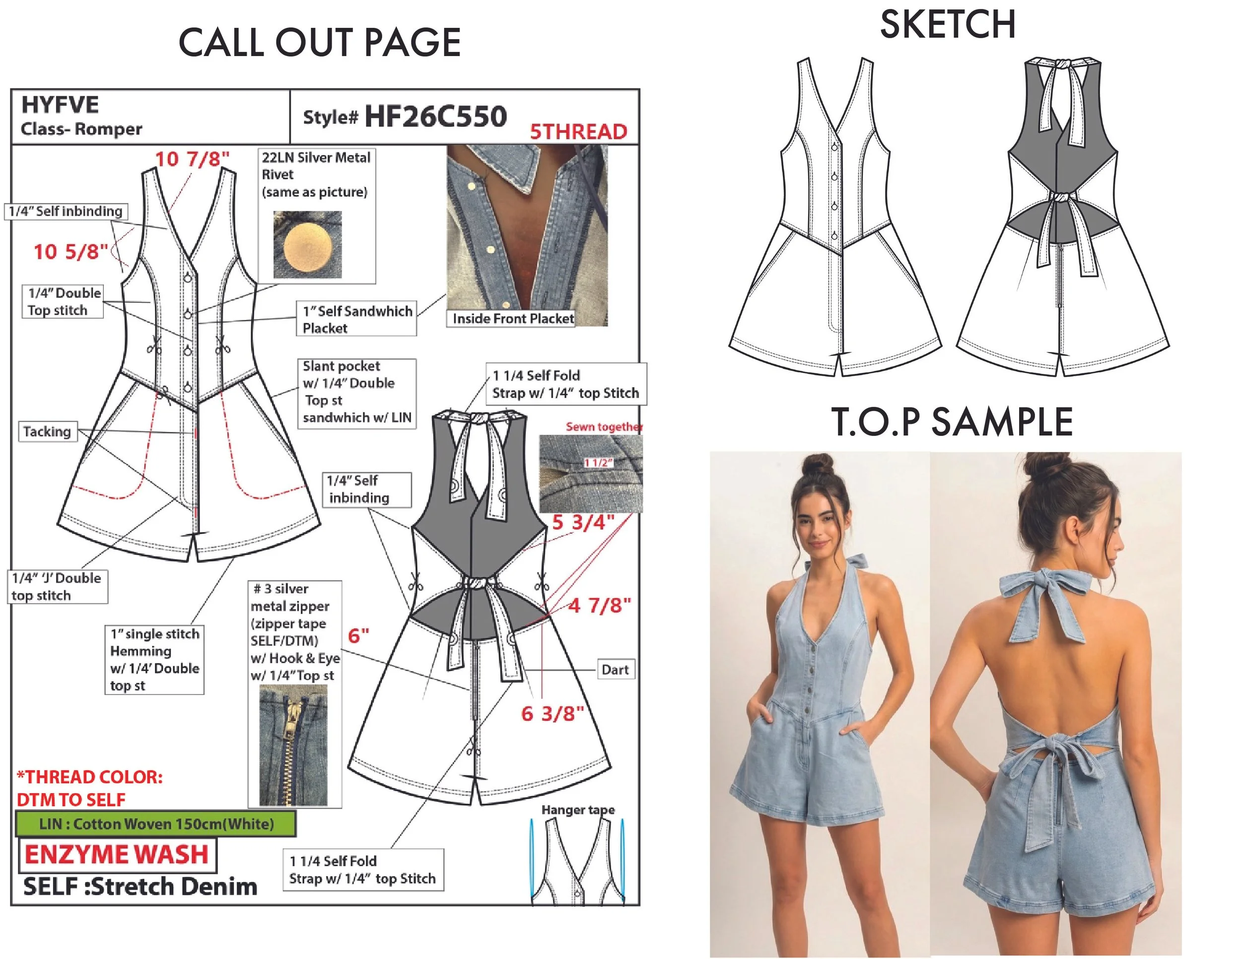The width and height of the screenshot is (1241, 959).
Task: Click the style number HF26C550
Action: pyautogui.click(x=435, y=117)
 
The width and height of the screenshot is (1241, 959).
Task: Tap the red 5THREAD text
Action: pyautogui.click(x=578, y=132)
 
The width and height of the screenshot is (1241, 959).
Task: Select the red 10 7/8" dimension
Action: pyautogui.click(x=193, y=159)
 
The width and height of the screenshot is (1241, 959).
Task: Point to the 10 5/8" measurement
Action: pyautogui.click(x=70, y=252)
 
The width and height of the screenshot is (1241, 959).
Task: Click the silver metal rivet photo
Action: pyautogui.click(x=307, y=245)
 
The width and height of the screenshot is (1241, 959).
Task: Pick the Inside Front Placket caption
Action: pyautogui.click(x=513, y=319)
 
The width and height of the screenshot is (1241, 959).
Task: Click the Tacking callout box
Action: pyautogui.click(x=47, y=432)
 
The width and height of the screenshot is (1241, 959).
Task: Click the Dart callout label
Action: pyautogui.click(x=615, y=670)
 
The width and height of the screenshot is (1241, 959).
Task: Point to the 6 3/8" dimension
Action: pyautogui.click(x=552, y=714)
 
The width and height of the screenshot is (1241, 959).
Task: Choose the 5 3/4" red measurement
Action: pyautogui.click(x=583, y=522)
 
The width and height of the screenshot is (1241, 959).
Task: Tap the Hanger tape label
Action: pyautogui.click(x=578, y=810)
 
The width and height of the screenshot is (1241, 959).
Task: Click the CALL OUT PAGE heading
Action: pyautogui.click(x=319, y=43)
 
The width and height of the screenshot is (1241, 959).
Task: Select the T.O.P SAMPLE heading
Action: pyautogui.click(x=952, y=421)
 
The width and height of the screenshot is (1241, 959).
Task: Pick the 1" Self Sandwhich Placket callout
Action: pyautogui.click(x=356, y=319)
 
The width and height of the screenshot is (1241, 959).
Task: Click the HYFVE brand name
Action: pyautogui.click(x=60, y=105)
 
